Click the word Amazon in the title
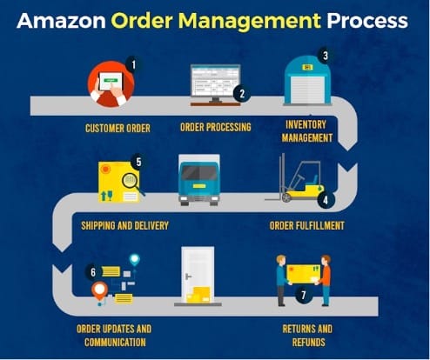61,21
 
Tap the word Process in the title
367,21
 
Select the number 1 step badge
133,64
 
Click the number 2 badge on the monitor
242,94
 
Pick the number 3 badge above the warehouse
326,56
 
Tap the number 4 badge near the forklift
326,200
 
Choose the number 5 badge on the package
138,162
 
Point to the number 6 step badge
93,272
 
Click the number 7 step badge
304,295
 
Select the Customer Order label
118,129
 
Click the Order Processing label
216,127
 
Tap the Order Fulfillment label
307,225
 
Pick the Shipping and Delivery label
124,225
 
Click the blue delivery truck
199,180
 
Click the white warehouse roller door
307,90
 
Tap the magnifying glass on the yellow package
131,183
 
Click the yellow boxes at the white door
198,295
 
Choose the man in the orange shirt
325,280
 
